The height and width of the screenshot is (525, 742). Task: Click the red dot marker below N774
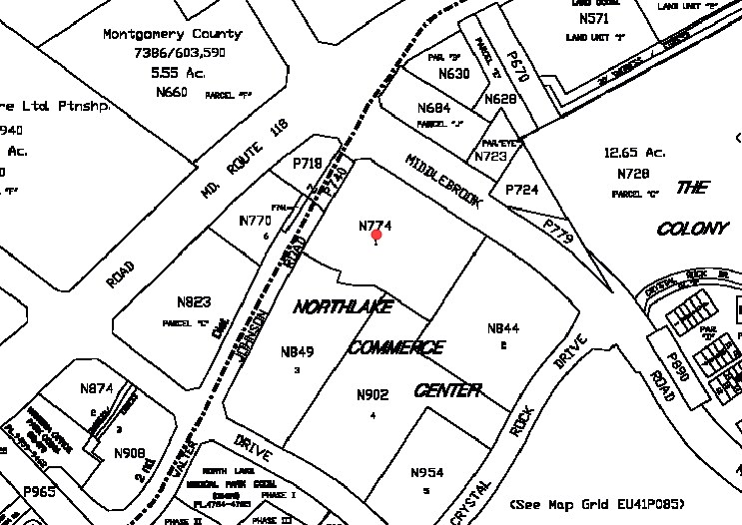click(376, 237)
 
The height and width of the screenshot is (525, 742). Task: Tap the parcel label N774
click(374, 226)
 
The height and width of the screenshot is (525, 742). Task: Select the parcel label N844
click(503, 328)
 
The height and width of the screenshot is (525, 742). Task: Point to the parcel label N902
click(372, 394)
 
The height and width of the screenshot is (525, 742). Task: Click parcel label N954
click(426, 472)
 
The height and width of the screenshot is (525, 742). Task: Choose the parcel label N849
click(298, 350)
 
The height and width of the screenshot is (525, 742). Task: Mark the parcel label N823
click(194, 302)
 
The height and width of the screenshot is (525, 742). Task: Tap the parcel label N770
click(256, 220)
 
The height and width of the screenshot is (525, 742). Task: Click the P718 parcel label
click(308, 163)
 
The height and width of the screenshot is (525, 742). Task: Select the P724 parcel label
click(522, 190)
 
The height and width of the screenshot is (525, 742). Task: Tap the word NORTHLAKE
click(344, 307)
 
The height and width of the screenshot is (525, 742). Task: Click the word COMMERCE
click(396, 347)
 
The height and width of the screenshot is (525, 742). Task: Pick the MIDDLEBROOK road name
click(443, 180)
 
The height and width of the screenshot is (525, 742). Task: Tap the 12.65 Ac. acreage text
click(634, 152)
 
